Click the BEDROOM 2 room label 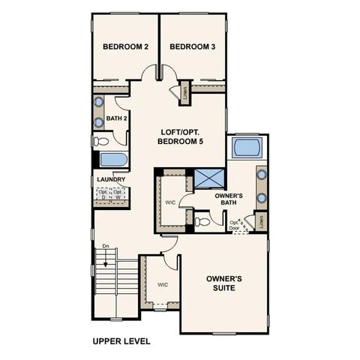pos(125,47)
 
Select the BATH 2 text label pos(115,118)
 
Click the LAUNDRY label pos(110,180)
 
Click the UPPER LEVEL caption pos(121,341)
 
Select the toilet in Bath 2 pos(102,140)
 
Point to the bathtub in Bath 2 pos(113,160)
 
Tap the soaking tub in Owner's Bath pos(246,147)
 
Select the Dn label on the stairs pos(106,245)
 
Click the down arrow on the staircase pos(106,259)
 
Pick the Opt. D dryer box pos(103,195)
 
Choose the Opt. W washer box pos(118,195)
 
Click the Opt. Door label pos(235,225)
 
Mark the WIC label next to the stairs pos(163,285)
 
